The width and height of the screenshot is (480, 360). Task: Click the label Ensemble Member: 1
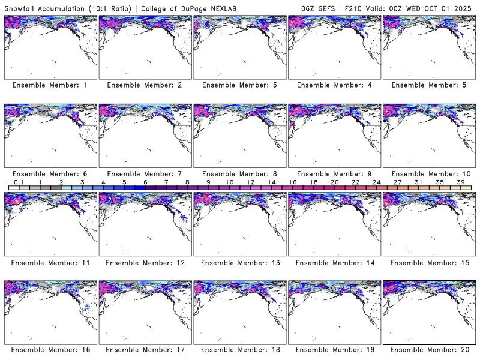click(x=49, y=85)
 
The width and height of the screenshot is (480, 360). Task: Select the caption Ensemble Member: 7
click(x=144, y=173)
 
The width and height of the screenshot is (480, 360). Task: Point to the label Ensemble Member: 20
click(x=428, y=350)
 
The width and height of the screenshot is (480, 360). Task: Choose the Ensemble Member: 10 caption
click(x=428, y=173)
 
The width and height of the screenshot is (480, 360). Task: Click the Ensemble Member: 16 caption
click(x=49, y=350)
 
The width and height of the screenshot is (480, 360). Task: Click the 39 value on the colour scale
click(x=461, y=182)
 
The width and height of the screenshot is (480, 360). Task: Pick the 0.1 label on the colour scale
click(x=19, y=182)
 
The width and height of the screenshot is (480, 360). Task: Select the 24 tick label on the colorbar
click(x=376, y=182)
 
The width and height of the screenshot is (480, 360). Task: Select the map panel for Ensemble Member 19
click(x=334, y=312)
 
